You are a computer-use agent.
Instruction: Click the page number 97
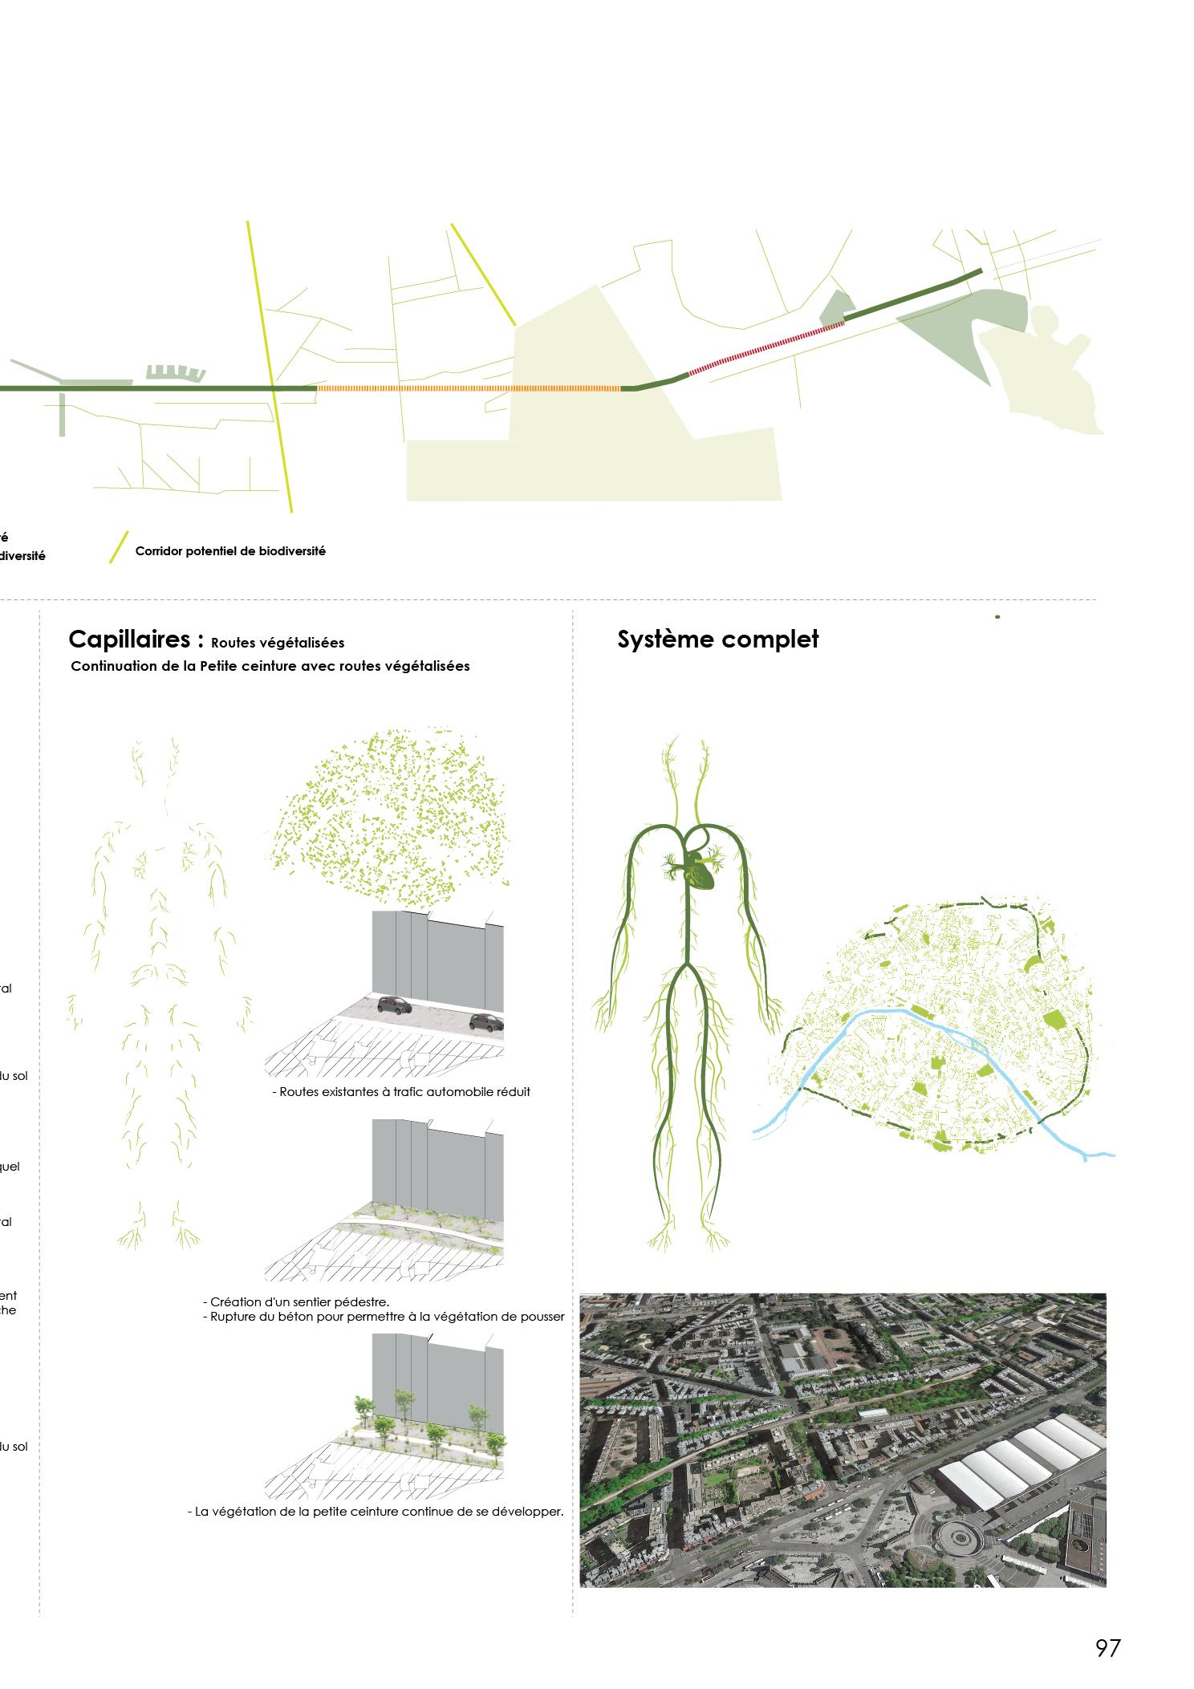coord(1107,1648)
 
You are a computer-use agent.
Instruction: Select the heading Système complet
coord(717,639)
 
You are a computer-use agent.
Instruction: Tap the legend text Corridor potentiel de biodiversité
coord(230,551)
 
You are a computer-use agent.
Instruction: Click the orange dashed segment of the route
coord(469,388)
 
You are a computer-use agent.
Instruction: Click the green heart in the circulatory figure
coord(700,870)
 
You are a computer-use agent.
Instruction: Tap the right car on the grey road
coord(487,1022)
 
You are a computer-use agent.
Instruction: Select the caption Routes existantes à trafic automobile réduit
coord(401,1092)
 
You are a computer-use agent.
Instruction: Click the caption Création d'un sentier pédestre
coord(296,1301)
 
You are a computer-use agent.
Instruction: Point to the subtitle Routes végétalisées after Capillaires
coord(278,643)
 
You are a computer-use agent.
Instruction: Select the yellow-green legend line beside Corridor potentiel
coord(119,547)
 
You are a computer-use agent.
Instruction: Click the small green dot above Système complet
coord(997,617)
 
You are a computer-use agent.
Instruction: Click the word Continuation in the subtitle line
coord(112,666)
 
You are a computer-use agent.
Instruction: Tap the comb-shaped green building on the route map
coord(174,372)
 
